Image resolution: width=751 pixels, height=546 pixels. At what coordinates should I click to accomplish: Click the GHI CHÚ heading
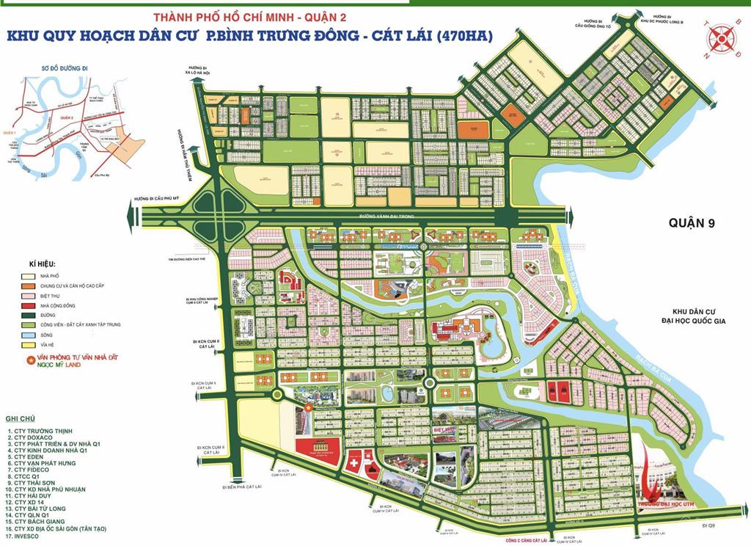pyautogui.click(x=21, y=418)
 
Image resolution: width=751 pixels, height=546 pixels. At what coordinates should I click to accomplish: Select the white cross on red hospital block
pyautogui.click(x=355, y=465)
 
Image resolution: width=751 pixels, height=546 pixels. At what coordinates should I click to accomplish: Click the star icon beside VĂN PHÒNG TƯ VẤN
pyautogui.click(x=30, y=360)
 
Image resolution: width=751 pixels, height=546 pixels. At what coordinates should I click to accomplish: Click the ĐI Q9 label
pyautogui.click(x=707, y=526)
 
